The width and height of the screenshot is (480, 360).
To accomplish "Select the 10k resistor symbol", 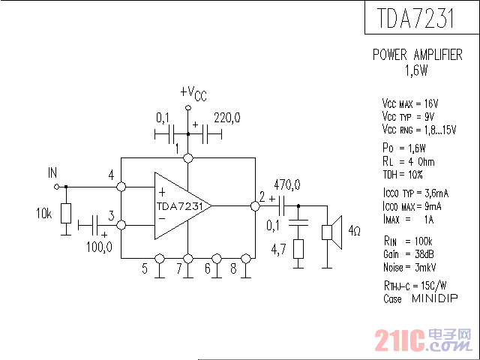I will coord(66,214).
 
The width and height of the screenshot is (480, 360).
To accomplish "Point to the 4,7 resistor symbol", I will coord(299,249).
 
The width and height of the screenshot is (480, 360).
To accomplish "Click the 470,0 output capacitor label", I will coord(287,184).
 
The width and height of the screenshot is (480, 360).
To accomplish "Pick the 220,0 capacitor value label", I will coord(226,118).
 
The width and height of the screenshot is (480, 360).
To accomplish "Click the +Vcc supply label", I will coord(193,92).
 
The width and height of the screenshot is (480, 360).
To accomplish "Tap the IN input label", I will coord(52,172).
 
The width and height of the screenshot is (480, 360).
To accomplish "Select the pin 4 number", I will coord(111,175).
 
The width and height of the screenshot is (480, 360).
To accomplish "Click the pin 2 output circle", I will coord(255,205).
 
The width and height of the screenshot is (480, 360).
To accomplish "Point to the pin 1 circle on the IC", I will coord(188,158).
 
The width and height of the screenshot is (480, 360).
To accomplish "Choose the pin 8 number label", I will coord(234,268).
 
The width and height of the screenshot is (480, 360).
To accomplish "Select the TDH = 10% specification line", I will coord(403,174).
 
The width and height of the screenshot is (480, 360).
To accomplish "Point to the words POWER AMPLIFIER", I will coord(417,55).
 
